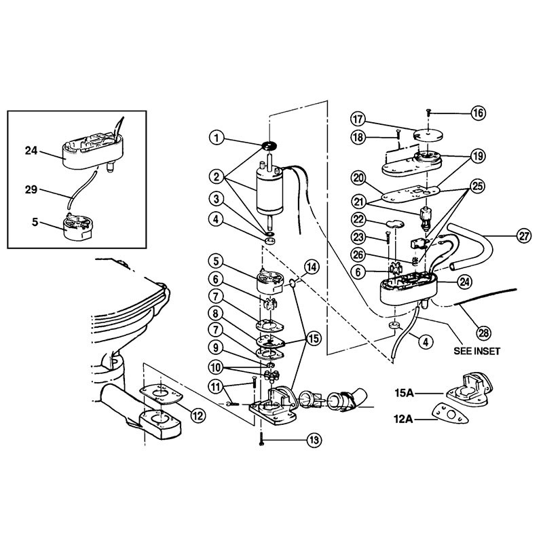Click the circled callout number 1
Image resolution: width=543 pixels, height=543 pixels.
point(217,138)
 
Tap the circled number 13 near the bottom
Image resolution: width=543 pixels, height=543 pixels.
point(314,440)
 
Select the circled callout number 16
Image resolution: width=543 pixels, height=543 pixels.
point(478,113)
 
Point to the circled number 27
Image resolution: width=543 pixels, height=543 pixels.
point(524,236)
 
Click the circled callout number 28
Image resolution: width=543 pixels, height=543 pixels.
point(483,333)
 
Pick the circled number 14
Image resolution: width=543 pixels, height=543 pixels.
point(312,267)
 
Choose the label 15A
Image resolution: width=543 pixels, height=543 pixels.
point(404,393)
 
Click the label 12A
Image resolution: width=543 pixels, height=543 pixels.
point(403,419)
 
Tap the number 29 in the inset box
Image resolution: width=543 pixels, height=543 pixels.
point(31,189)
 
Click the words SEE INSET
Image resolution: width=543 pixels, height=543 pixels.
point(477,351)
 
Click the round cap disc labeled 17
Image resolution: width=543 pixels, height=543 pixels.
point(429,134)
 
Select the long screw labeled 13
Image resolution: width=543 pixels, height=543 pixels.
point(262,439)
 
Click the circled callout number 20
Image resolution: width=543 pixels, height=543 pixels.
point(358,179)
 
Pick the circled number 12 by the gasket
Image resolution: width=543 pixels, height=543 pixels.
point(198,415)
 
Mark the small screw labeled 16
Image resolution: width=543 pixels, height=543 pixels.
point(429,113)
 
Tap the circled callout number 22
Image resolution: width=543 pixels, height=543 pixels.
point(358,219)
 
